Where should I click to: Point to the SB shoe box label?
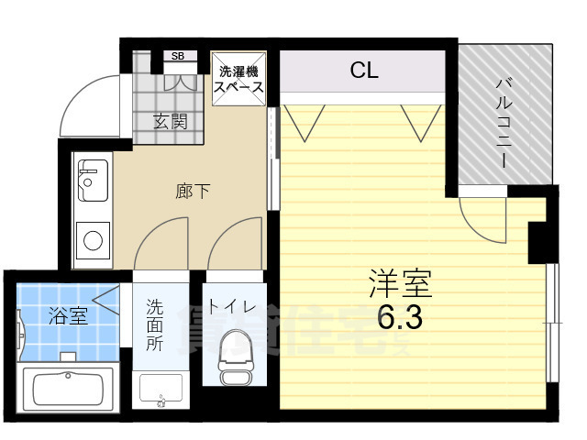[178, 57]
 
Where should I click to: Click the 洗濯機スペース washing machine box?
[239, 79]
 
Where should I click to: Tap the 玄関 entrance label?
[170, 122]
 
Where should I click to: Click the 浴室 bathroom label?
[68, 316]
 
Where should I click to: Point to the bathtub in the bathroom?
[66, 389]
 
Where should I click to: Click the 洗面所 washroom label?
[155, 328]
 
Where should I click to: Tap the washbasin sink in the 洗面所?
[161, 390]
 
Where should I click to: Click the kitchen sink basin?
[93, 180]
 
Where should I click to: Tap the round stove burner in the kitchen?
[94, 241]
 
